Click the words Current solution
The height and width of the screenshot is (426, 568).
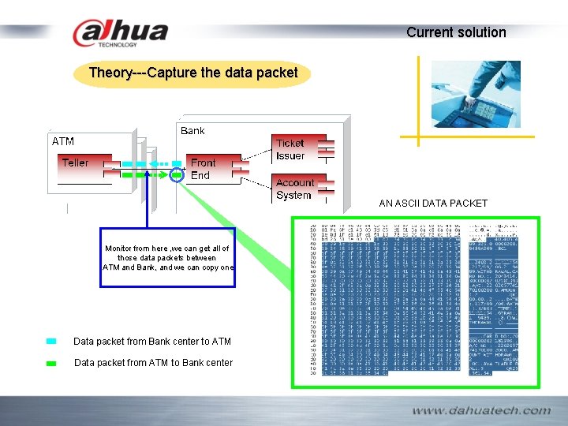456,32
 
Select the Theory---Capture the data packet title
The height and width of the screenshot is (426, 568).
193,73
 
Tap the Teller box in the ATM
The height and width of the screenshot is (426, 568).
76,163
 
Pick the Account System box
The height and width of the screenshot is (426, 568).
294,189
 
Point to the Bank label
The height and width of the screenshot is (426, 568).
192,131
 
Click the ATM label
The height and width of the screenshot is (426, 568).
63,142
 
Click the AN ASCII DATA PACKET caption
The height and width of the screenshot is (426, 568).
433,204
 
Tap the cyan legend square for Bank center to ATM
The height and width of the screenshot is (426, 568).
51,342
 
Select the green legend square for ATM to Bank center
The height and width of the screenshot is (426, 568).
51,363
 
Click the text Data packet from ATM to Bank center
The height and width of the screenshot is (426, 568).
153,363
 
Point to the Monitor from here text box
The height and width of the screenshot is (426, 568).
167,258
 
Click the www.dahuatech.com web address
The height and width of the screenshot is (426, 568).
480,410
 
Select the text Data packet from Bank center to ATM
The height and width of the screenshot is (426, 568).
152,342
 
